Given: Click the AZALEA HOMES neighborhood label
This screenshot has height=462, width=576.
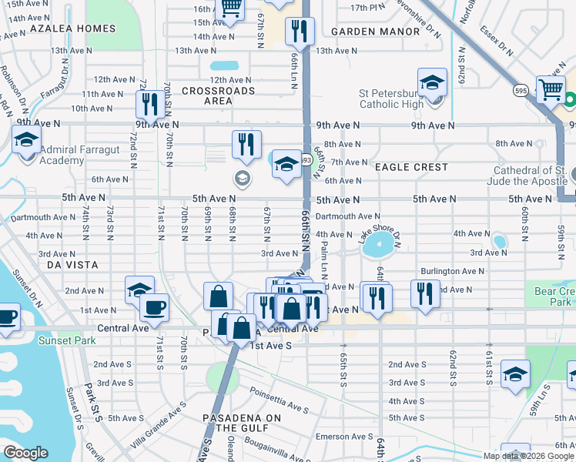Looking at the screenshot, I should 72,28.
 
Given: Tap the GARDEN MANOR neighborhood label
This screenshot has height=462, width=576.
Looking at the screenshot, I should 376,32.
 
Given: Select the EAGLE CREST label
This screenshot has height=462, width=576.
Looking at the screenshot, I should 410,167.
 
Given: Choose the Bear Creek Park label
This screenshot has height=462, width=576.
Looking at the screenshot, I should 554,296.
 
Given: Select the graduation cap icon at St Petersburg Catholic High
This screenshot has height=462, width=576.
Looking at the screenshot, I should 432,82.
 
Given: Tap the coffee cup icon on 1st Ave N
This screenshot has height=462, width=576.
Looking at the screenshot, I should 154,308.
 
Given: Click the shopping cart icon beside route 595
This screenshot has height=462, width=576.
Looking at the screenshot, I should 551,89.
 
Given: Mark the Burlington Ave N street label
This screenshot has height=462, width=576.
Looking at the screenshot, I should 452,271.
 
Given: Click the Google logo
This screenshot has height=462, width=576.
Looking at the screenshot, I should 25,453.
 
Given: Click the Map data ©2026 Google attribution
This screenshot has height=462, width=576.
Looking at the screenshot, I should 528,456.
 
